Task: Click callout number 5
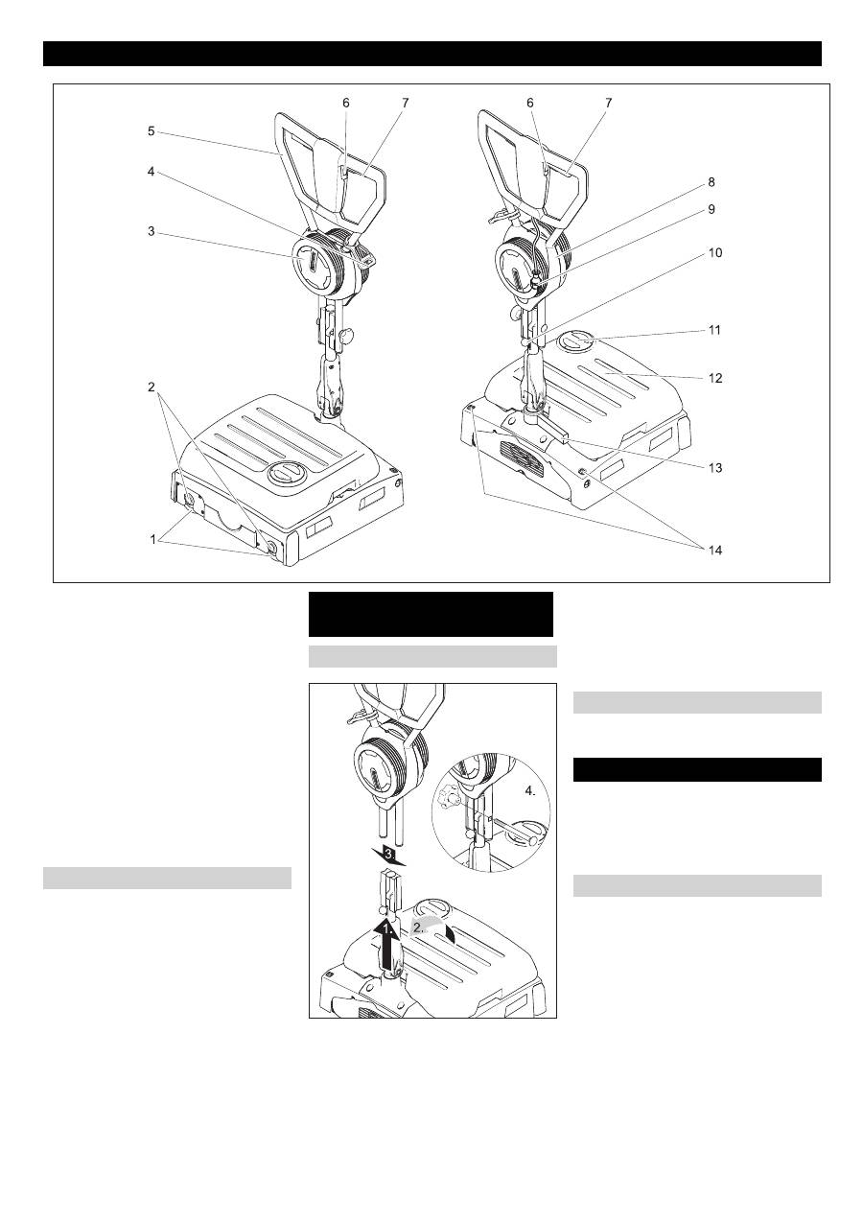click(x=151, y=131)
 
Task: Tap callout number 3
click(x=151, y=232)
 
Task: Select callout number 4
click(x=151, y=173)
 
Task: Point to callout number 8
click(x=711, y=182)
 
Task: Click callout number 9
click(x=711, y=210)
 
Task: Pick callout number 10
click(x=714, y=253)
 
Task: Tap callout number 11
click(x=714, y=330)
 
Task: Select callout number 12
click(x=714, y=378)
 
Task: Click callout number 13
click(x=714, y=468)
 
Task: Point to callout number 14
click(x=714, y=551)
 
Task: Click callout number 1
click(x=153, y=540)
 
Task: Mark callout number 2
click(x=151, y=387)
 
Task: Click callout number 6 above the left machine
click(x=346, y=103)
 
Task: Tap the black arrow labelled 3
click(x=387, y=856)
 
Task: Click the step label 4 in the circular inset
click(x=530, y=791)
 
